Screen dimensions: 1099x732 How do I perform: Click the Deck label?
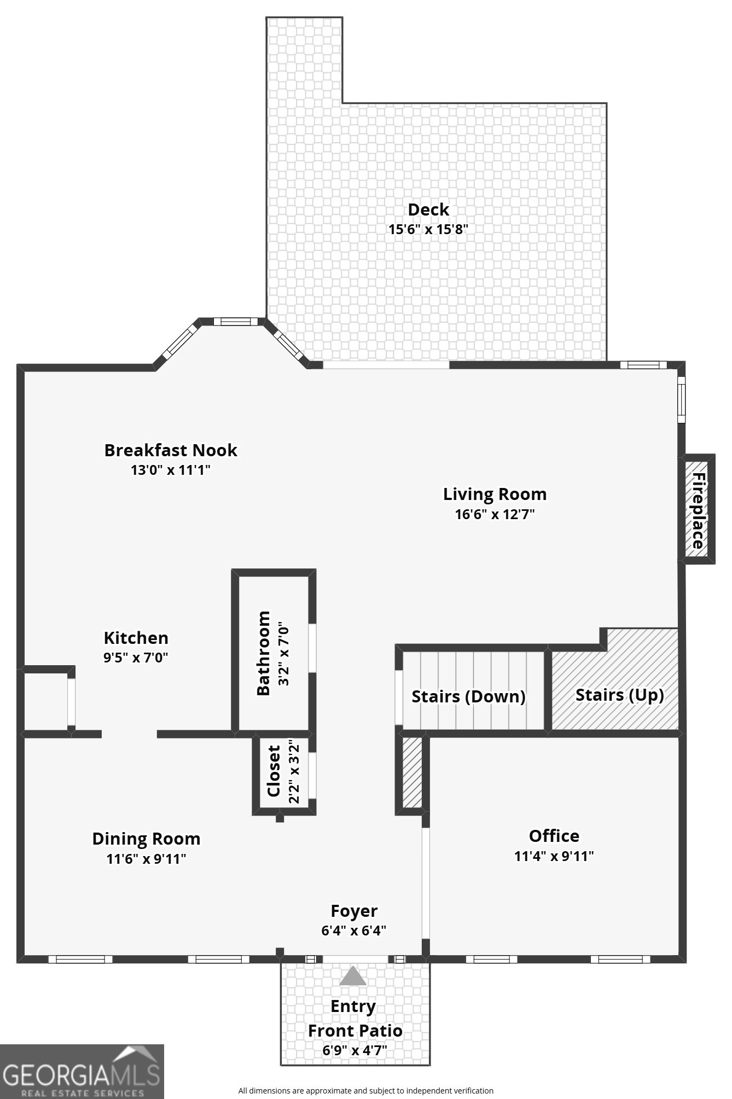pos(428,210)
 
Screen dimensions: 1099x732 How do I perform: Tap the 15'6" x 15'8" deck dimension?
pos(428,229)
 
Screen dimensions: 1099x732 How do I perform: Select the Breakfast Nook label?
pos(171,450)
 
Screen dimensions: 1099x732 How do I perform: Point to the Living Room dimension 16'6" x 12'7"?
pos(495,514)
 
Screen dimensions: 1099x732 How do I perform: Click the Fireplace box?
pos(697,509)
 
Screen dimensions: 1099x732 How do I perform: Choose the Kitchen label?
pos(136,638)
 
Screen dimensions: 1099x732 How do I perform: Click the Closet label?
pos(274,771)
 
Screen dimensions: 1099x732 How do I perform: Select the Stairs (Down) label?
pos(468,696)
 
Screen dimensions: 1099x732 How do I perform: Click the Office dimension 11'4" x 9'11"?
pos(554,856)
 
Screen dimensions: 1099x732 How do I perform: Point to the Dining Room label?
pos(146,839)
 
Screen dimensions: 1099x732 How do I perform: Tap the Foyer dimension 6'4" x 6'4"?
pos(354,931)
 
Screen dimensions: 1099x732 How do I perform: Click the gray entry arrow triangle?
pos(353,976)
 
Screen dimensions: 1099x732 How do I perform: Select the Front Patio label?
pos(355,1031)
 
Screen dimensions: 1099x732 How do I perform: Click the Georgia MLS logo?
pos(82,1071)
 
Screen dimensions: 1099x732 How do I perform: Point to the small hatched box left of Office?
pos(413,772)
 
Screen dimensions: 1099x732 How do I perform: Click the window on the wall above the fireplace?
pos(681,399)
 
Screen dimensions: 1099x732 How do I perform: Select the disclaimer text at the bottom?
pos(365,1091)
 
